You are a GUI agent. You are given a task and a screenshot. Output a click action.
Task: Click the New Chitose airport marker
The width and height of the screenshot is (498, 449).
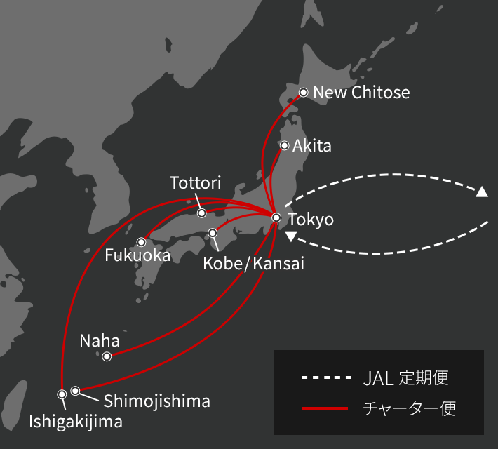coord(304,92)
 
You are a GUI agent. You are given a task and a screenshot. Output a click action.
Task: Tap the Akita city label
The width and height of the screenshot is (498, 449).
coord(311,147)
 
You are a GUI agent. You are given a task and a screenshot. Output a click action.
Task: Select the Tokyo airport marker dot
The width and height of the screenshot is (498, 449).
coord(276,217)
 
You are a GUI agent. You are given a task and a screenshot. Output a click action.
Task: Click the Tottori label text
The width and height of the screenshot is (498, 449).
coord(196,184)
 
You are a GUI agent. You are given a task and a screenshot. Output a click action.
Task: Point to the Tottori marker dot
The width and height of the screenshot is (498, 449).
coord(201,213)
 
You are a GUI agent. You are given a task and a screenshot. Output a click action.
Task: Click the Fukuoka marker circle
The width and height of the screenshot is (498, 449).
coord(141,242)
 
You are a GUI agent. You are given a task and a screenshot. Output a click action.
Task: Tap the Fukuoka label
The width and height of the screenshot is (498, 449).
coord(137,256)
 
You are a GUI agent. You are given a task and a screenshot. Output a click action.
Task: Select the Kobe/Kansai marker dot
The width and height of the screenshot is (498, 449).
coord(213,233)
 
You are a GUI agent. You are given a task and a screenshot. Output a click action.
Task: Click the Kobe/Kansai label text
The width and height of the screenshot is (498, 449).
coord(253,264)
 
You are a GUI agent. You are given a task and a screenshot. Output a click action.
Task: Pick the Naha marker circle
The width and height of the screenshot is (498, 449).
coord(107,356)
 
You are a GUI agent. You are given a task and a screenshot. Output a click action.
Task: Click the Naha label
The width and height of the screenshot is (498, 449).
coord(100,341)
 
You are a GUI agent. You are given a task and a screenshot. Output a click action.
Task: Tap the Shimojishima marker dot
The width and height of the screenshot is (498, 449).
coord(75,390)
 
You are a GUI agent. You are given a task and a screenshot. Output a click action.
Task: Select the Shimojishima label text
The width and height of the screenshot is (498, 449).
coord(156,401)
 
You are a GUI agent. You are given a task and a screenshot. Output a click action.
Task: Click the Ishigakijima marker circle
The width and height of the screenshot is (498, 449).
coord(62,394)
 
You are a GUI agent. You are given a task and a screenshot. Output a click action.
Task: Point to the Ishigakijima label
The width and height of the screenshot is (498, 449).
coord(75,422)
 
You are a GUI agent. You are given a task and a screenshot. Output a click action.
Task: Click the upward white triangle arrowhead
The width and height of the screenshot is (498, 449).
coord(482,192)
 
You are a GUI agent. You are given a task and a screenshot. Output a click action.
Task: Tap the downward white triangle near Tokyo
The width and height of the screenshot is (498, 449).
coord(291,236)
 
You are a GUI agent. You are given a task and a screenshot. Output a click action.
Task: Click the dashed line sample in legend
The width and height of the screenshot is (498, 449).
coord(325,378)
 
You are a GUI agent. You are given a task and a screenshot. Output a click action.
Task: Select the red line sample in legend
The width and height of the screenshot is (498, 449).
coord(325,408)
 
